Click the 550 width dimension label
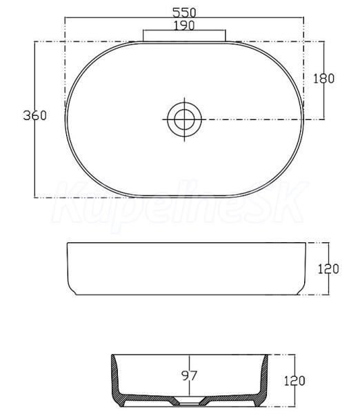[x=184, y=12]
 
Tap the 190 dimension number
[x=184, y=26]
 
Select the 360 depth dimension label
[x=35, y=115]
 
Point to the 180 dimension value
[x=323, y=79]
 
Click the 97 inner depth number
[x=189, y=375]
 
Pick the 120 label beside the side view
[x=328, y=269]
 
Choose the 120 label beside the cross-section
[x=294, y=381]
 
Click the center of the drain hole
[x=184, y=119]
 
